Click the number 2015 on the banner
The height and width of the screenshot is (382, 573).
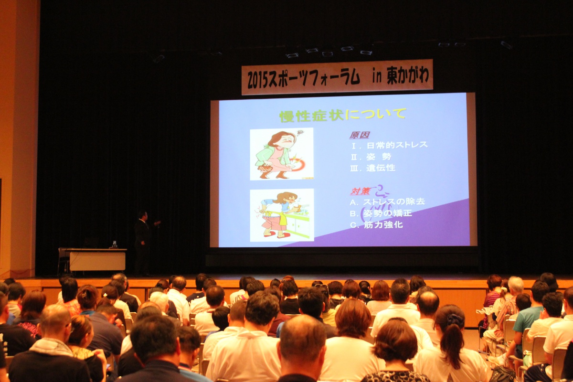pyautogui.click(x=258, y=79)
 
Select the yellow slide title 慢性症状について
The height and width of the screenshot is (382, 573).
pyautogui.click(x=343, y=115)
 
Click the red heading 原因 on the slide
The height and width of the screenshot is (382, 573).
pyautogui.click(x=360, y=135)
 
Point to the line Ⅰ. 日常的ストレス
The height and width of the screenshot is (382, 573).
pyautogui.click(x=389, y=145)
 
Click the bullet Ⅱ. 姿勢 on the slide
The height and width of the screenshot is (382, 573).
pyautogui.click(x=371, y=157)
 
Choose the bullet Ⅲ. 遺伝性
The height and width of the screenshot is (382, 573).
pyautogui.click(x=373, y=168)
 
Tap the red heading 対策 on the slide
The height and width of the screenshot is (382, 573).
pyautogui.click(x=360, y=191)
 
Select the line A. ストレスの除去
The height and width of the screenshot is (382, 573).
pyautogui.click(x=387, y=202)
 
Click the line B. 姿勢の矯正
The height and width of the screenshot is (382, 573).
pyautogui.click(x=381, y=213)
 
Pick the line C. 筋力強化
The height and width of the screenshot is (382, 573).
pyautogui.click(x=376, y=224)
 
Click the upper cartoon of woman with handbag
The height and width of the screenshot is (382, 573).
pyautogui.click(x=282, y=154)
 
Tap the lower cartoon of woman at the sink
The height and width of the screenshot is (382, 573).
pyautogui.click(x=282, y=215)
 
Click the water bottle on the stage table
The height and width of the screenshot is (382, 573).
pyautogui.click(x=114, y=244)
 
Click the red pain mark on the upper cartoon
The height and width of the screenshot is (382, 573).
pyautogui.click(x=298, y=164)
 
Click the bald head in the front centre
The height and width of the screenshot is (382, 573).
pyautogui.click(x=302, y=338)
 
